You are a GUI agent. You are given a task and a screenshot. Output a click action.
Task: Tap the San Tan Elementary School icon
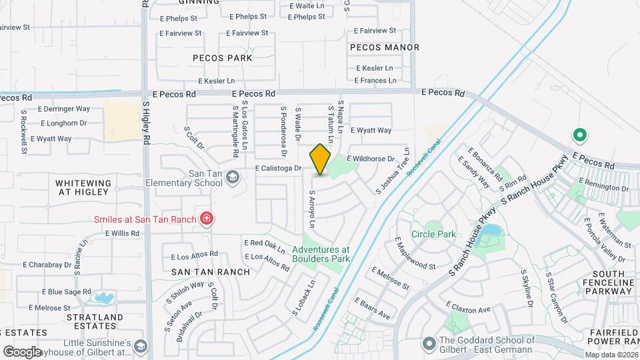[x=232, y=177]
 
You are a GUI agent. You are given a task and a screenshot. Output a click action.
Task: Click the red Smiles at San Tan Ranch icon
[x=207, y=219]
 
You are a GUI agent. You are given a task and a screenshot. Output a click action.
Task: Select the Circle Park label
[x=433, y=234]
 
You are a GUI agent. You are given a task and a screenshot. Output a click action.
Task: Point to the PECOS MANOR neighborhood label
[x=385, y=47]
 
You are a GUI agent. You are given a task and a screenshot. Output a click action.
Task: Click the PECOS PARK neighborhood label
[x=223, y=58]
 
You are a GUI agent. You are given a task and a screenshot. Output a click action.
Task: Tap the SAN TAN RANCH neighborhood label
[x=211, y=272]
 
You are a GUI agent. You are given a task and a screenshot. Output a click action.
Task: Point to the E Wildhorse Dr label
[x=372, y=159]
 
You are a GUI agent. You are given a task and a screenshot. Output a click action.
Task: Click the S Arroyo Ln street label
[x=311, y=207]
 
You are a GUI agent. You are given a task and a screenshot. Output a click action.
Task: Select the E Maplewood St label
[x=414, y=253]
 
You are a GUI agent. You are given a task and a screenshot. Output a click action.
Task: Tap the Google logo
[x=21, y=351]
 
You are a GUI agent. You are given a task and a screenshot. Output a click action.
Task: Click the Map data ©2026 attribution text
[x=611, y=355]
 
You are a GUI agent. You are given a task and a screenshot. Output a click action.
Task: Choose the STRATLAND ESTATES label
[x=89, y=321]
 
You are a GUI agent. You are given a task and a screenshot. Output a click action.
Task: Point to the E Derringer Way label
[x=64, y=109]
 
